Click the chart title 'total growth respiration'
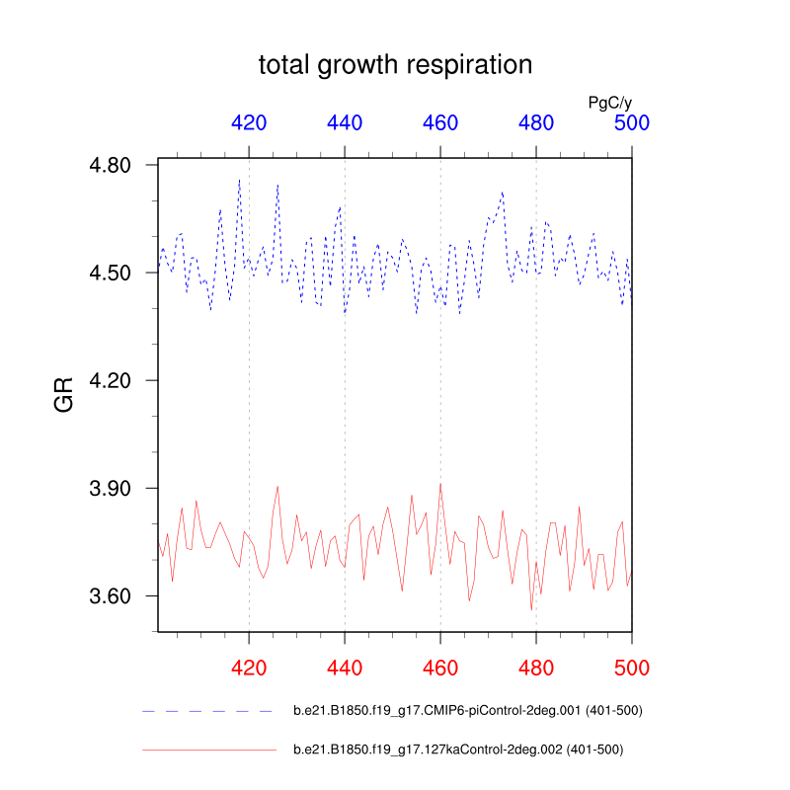coord(395,65)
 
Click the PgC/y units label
coord(609,102)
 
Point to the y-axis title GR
coord(65,398)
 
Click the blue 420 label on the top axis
coord(249,123)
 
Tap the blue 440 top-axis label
coord(345,123)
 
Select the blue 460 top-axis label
coord(440,123)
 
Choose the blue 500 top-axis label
coord(632,123)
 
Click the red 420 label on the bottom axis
coord(249,668)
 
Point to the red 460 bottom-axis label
coord(440,668)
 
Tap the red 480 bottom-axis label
coord(536,668)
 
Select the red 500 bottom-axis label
coord(632,668)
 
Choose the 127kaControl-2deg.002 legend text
coord(458,750)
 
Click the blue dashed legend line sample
coord(207,711)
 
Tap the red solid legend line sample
coord(207,750)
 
